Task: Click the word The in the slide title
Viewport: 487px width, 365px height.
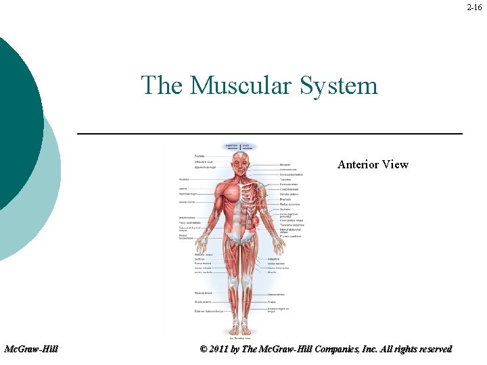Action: pos(162,86)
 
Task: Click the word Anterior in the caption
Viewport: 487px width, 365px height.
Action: pos(359,164)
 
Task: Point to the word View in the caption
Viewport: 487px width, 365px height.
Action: pos(396,164)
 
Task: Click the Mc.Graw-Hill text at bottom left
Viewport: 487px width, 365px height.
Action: pos(31,349)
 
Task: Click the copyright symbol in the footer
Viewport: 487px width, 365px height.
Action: pos(204,349)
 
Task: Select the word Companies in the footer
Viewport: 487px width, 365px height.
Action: pos(341,349)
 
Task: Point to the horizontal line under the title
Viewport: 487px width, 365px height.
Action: pos(270,134)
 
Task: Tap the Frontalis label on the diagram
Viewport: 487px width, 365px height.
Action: pos(200,156)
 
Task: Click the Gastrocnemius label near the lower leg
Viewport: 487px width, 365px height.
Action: pos(276,295)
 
